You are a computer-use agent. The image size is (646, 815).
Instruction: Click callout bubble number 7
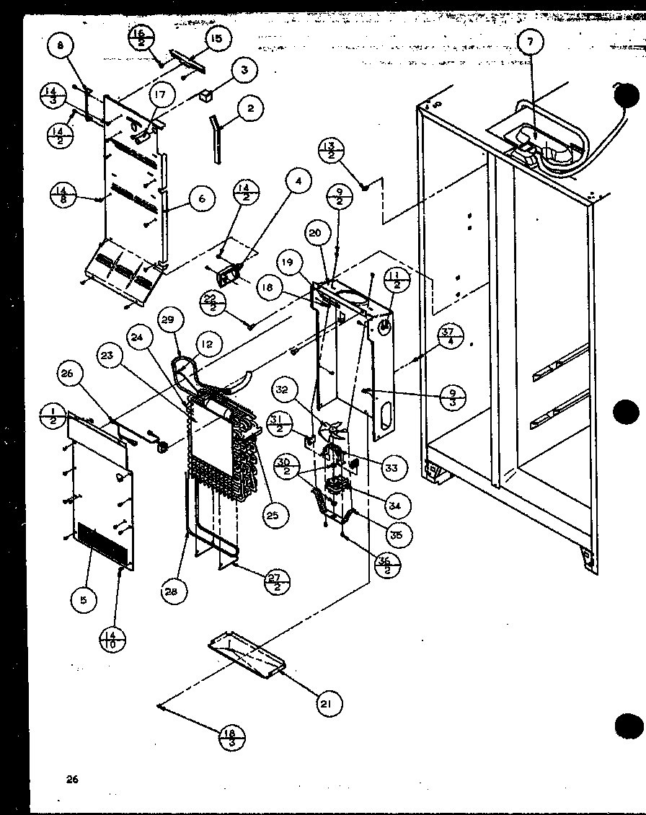point(530,43)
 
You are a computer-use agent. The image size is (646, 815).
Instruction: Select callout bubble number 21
point(328,704)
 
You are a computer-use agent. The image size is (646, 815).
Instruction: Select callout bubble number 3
point(244,70)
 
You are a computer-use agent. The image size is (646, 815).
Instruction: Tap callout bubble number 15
point(214,39)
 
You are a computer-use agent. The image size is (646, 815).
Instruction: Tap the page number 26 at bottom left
point(71,778)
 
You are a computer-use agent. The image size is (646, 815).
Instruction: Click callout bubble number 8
point(61,47)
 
